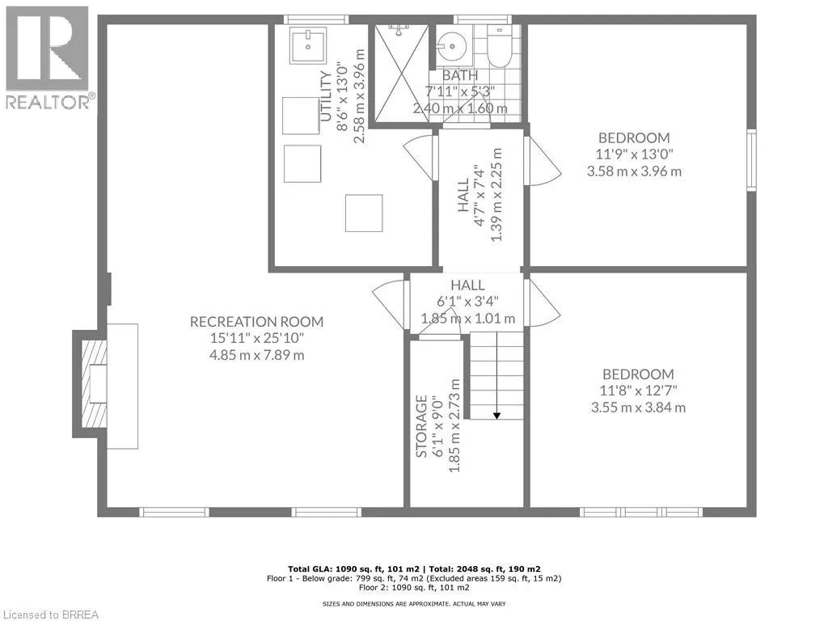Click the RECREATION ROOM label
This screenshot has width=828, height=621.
pos(256,322)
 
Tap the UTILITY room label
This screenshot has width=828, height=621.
pos(326,96)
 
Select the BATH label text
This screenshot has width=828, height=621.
pos(459,75)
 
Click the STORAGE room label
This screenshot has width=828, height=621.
pos(421,426)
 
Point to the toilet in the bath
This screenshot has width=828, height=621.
pos(501,46)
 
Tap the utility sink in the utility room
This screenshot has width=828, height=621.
pos(307,45)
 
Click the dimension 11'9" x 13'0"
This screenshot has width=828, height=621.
pos(635,154)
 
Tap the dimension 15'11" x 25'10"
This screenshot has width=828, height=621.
pos(256,338)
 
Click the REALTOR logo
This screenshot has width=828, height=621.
pos(48,57)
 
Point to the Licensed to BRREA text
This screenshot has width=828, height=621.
pos(49,614)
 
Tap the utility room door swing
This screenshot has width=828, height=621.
pos(420,154)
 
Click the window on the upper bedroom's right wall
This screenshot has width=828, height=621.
pos(751,160)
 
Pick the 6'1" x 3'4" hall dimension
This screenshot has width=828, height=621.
pos(467,301)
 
